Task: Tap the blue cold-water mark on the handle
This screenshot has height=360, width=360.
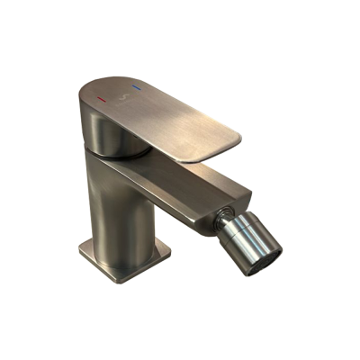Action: [x=138, y=88]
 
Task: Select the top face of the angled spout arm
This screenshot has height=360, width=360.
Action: [x=180, y=176]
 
